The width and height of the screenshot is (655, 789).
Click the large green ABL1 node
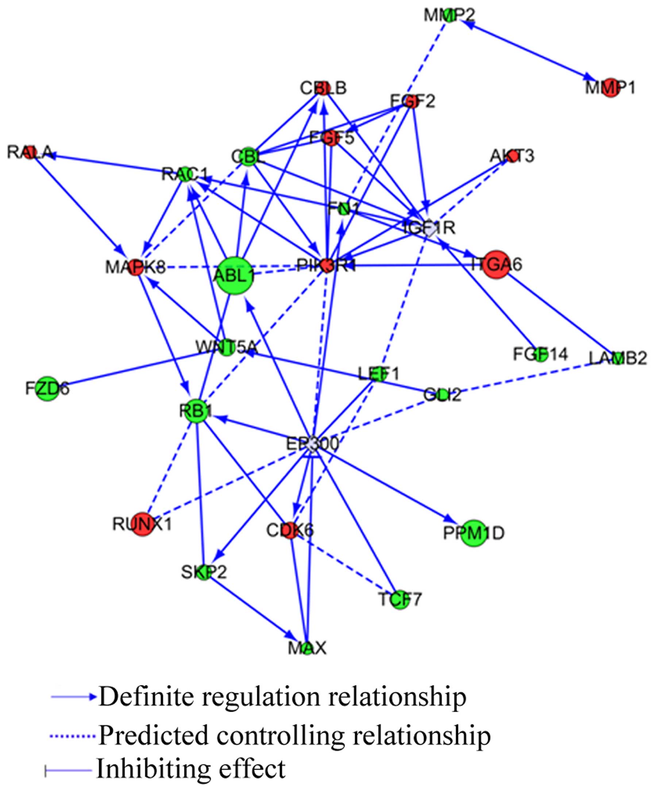coord(235,276)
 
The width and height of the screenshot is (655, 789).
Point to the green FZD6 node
coord(48,388)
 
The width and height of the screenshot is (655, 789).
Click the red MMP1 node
coord(610,88)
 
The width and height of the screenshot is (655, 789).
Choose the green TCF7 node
coord(400,599)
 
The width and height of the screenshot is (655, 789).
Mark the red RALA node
coord(30,152)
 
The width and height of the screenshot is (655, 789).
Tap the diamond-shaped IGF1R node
coord(429,228)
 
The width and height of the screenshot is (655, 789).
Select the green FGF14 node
coord(540,355)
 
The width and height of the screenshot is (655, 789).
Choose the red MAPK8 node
coord(136,268)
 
